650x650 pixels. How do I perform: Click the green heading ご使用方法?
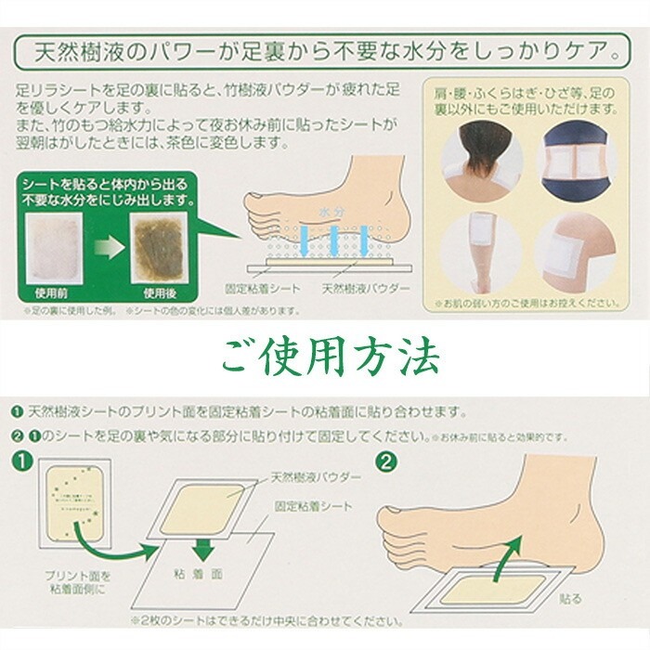(324, 353)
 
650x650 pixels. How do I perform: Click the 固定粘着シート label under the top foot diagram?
(265, 289)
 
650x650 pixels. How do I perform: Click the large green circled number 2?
(386, 458)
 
